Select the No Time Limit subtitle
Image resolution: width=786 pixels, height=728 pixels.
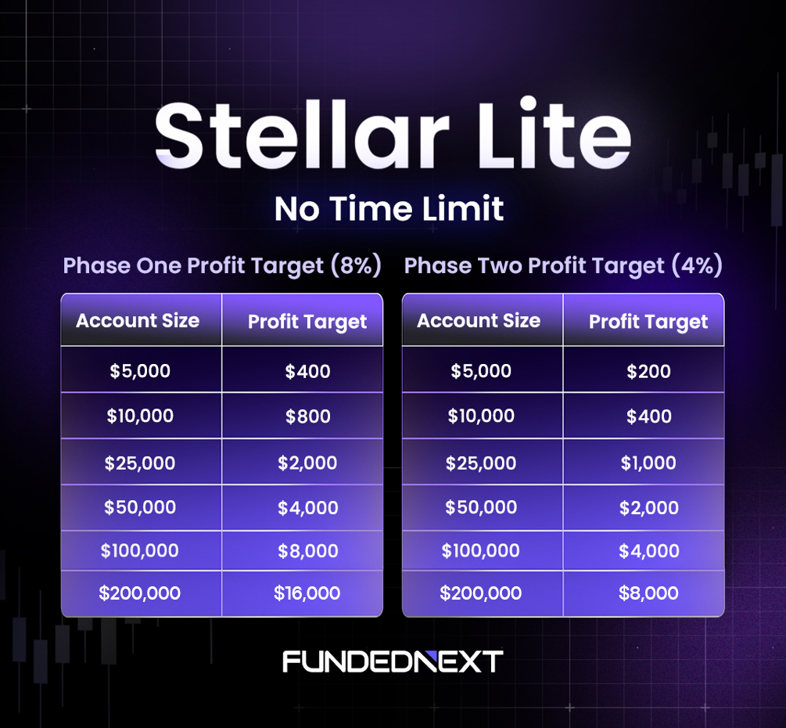[389, 209]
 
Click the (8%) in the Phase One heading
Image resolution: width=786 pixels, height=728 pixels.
[356, 265]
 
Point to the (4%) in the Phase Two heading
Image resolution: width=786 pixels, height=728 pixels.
[697, 265]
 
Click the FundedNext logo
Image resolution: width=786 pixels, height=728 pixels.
[393, 661]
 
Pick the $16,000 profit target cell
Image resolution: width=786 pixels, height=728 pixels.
[307, 593]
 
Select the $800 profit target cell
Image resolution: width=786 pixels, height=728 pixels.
[308, 416]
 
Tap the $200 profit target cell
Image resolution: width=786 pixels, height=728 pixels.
[648, 371]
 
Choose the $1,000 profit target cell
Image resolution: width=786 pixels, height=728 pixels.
[648, 463]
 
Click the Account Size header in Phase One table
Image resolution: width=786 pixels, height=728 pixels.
[138, 320]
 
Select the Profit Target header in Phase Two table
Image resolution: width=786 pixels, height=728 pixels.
[648, 322]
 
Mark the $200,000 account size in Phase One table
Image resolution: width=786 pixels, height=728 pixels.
[140, 593]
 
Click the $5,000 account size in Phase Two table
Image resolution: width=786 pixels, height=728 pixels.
[481, 371]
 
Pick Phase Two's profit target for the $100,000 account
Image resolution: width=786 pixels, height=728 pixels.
[649, 551]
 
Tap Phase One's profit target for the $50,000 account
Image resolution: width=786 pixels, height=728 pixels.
[308, 507]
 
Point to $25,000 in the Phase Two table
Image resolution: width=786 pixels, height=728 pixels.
[481, 463]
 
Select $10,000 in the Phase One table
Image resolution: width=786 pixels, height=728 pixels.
[140, 416]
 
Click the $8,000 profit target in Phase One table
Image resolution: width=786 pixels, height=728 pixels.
[308, 551]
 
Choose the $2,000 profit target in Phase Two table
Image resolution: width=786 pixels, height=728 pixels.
[649, 507]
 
